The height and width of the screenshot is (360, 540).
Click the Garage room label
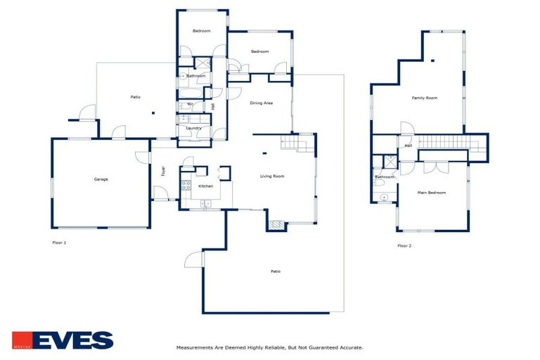click(x=101, y=179)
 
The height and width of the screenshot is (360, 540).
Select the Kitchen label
click(x=205, y=186)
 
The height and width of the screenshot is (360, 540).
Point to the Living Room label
click(x=272, y=176)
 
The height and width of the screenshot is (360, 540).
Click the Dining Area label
click(x=261, y=103)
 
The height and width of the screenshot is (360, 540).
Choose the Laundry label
click(x=194, y=128)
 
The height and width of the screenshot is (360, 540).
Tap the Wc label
click(x=190, y=104)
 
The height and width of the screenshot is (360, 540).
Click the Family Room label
click(x=424, y=98)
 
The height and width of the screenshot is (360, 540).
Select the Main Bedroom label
click(x=432, y=192)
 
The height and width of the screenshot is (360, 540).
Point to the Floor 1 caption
click(x=59, y=243)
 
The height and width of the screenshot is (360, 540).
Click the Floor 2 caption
click(x=404, y=245)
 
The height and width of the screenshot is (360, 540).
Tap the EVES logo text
click(x=72, y=340)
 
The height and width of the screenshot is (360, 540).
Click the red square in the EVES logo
click(x=21, y=340)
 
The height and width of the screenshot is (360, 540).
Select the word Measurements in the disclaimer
click(x=195, y=347)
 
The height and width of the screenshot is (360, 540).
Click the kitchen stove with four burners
click(x=186, y=186)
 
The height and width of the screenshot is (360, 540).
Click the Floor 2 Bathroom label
click(x=384, y=176)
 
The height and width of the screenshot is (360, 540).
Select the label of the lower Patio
click(x=276, y=271)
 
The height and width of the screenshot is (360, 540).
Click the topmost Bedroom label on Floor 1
click(x=202, y=31)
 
